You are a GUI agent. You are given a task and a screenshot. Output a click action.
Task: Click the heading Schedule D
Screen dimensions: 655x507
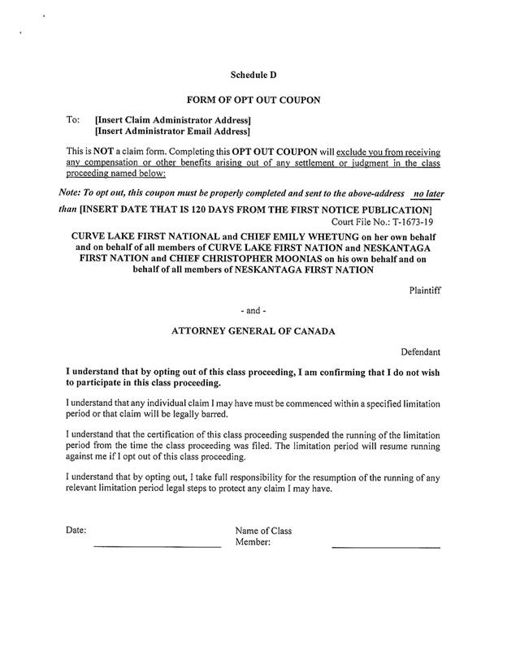[253, 75]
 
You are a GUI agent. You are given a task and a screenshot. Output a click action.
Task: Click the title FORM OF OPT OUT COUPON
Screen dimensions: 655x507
[253, 101]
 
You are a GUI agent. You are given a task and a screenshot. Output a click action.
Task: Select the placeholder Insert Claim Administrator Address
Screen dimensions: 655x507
[171, 119]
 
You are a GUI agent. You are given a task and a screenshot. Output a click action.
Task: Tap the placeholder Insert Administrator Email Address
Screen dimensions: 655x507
[172, 130]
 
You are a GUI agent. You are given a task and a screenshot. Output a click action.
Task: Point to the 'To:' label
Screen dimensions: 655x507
[72, 119]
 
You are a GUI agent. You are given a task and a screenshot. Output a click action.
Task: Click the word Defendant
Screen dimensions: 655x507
[421, 352]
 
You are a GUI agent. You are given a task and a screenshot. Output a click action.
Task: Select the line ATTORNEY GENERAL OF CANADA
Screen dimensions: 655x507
[253, 331]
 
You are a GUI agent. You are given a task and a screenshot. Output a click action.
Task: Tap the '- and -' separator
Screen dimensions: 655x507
[253, 311]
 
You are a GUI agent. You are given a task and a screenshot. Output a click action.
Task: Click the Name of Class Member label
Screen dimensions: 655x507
[262, 536]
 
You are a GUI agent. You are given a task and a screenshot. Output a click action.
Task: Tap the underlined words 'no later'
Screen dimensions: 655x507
[430, 196]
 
